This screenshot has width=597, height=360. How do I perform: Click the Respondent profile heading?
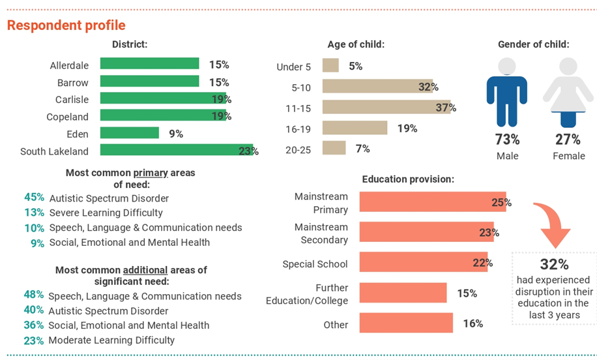[66, 25]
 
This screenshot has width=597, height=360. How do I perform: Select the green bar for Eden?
[129, 133]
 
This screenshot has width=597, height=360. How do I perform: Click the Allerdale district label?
[69, 65]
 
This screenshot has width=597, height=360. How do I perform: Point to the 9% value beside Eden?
[176, 134]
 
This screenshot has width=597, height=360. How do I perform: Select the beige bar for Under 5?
[330, 66]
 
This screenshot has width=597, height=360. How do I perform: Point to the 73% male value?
[506, 139]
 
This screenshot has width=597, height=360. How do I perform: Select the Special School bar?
[423, 262]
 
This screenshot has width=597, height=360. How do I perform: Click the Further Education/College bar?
[403, 293]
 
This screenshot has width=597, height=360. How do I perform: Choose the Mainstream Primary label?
[321, 203]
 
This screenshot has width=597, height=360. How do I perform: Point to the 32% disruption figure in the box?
[554, 264]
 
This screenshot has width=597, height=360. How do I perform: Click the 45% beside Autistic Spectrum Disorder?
[34, 198]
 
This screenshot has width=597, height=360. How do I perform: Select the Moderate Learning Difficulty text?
[111, 340]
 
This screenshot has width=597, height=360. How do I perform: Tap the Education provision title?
[408, 179]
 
